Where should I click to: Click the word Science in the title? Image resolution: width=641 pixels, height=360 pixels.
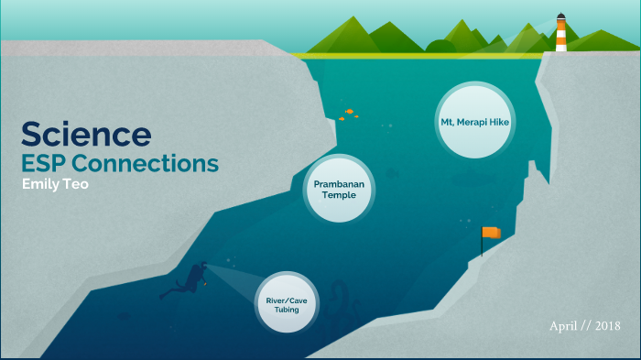(86, 135)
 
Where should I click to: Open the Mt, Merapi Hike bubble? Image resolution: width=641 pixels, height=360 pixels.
(473, 120)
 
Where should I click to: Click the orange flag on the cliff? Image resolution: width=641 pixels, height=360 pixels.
(493, 233)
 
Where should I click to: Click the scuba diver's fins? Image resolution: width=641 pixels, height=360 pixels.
(168, 293)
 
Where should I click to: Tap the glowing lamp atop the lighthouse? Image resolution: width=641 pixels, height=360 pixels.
(560, 17)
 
